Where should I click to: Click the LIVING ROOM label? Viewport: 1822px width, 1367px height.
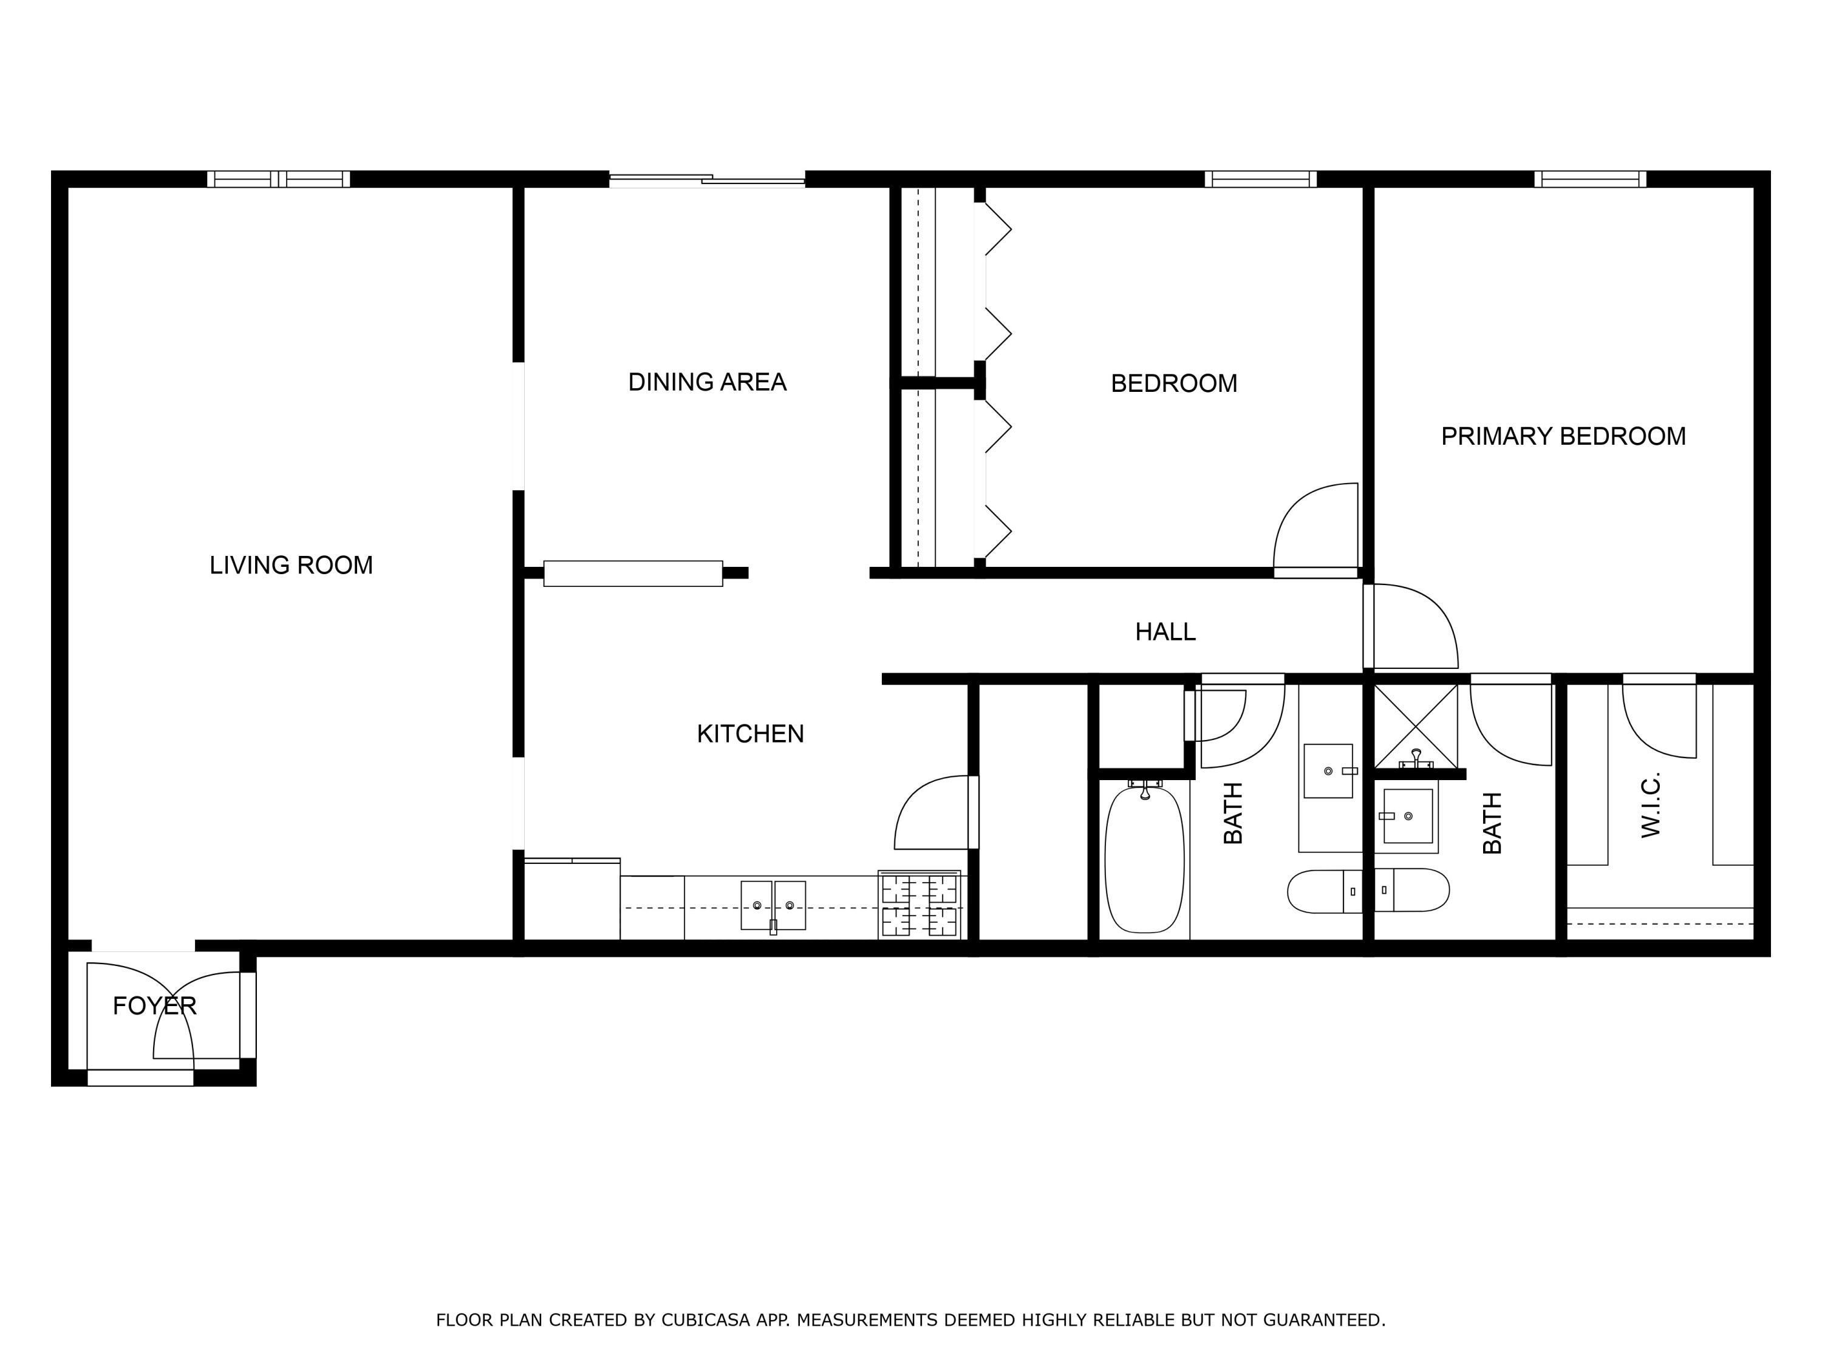tap(291, 565)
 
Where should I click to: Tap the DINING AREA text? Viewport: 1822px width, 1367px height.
tap(707, 382)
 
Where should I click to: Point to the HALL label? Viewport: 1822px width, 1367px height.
tap(1165, 632)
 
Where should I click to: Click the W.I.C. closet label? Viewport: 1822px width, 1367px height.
tap(1651, 805)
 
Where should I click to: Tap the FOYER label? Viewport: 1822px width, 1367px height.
tap(154, 1006)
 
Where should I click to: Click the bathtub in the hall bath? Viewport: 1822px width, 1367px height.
tap(1144, 860)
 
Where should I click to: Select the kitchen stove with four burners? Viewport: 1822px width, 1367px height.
tap(920, 905)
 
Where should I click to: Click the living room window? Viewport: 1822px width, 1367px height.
tap(278, 179)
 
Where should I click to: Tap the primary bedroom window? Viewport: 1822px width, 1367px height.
tap(1590, 179)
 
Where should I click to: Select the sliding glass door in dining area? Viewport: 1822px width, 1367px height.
tap(707, 179)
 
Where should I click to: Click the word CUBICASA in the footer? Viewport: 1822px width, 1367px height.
tap(705, 1320)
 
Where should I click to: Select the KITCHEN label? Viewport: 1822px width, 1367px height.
tap(749, 734)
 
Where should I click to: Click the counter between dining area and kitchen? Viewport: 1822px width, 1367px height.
tap(633, 574)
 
